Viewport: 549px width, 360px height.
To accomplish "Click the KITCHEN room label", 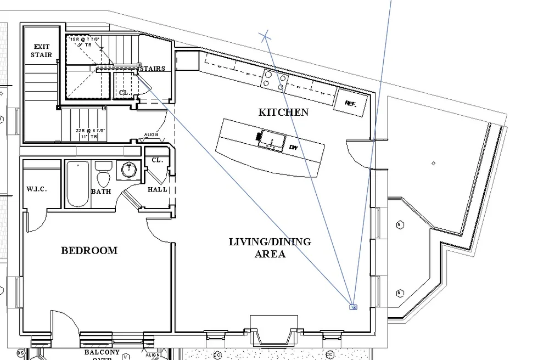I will click(x=283, y=113).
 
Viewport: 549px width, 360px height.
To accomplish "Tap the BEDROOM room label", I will click(x=89, y=251).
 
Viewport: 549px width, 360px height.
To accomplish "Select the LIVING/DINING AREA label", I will click(x=270, y=248).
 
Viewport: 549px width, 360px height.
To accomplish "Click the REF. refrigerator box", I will click(x=349, y=102).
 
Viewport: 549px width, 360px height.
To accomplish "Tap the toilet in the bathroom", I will click(x=103, y=174).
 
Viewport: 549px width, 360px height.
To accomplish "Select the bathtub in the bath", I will click(x=77, y=184).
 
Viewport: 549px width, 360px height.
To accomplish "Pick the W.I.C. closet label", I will click(x=37, y=189).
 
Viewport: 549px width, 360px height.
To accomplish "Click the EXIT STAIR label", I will click(x=41, y=50).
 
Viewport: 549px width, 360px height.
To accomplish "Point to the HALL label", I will click(x=158, y=190).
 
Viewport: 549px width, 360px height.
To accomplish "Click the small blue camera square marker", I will click(x=354, y=307).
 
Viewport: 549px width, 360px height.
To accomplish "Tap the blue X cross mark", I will click(x=266, y=37).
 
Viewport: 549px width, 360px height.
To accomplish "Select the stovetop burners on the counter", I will click(x=274, y=80).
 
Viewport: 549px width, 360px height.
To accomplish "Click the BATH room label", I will click(x=101, y=192).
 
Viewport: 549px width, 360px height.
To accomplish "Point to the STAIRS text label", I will click(x=152, y=69).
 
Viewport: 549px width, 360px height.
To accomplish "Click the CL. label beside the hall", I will click(x=157, y=160).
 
